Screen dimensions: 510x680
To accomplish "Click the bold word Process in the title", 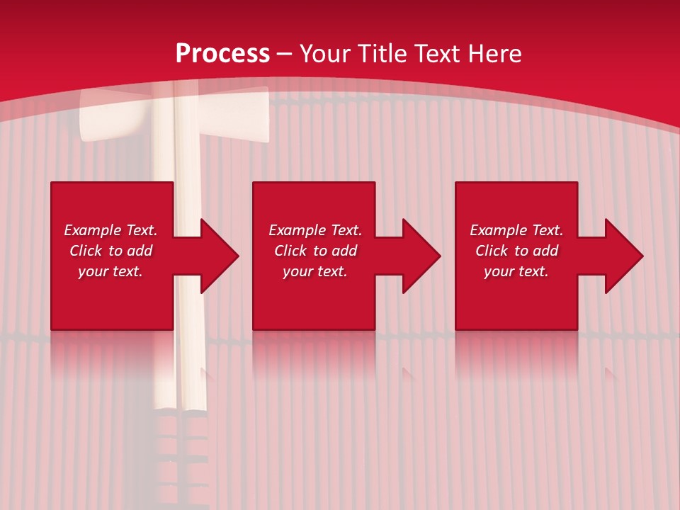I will pos(222,54).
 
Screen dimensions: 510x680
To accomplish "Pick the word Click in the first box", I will pos(86,251).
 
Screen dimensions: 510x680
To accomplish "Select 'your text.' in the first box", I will pos(110,271).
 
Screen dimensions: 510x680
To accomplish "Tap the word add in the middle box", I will pos(344,251).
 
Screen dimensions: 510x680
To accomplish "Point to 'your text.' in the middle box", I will pos(315,271).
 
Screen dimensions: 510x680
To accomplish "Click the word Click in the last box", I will pos(492,251).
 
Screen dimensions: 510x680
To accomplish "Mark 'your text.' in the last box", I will pos(516,271).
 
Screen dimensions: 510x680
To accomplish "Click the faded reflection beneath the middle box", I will pos(314,354).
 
